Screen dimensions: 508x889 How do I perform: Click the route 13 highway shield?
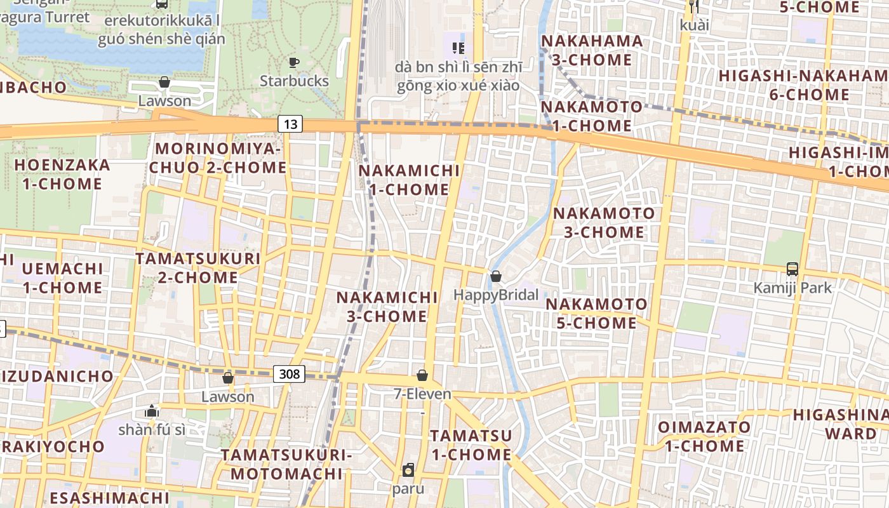[x=290, y=124]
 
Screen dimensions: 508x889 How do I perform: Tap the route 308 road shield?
[x=289, y=374]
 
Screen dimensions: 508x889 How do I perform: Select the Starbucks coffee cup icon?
[x=293, y=62]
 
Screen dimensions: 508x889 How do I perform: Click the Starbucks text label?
[x=294, y=81]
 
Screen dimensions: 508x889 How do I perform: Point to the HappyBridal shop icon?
[x=496, y=276]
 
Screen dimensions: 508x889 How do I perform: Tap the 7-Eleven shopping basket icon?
[x=422, y=375]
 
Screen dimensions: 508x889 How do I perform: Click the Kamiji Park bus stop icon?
[x=792, y=269]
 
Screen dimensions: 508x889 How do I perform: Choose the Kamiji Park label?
[x=792, y=288]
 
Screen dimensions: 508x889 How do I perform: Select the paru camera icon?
[x=408, y=471]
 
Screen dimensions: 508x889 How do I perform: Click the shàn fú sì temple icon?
[x=151, y=411]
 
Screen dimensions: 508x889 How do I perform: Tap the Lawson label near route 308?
[x=228, y=397]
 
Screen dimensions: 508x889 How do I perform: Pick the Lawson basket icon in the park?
[x=164, y=83]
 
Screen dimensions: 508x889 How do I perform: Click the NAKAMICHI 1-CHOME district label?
[x=409, y=180]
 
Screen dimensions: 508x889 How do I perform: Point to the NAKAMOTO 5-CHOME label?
[x=596, y=314]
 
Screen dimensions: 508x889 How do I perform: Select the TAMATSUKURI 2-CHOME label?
[x=197, y=268]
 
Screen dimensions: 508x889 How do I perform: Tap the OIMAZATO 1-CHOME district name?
[x=704, y=436]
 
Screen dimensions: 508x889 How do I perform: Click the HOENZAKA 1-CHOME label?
[x=62, y=175]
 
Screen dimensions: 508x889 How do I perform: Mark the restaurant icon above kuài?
[x=694, y=6]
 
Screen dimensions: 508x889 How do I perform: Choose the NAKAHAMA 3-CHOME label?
[x=592, y=50]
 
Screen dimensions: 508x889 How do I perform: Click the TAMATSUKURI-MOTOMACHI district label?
[x=286, y=464]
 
